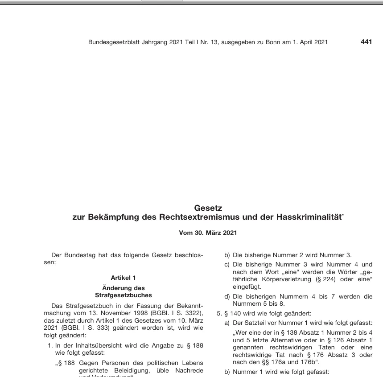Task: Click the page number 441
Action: [366, 42]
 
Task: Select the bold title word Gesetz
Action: [208, 208]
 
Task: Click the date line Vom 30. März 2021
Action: [208, 233]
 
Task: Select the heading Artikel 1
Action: [124, 278]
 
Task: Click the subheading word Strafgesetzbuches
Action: [124, 295]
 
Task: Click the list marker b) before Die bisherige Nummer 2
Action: [227, 255]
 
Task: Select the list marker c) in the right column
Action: [227, 265]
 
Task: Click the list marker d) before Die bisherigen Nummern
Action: [227, 296]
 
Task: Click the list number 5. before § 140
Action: [219, 313]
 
